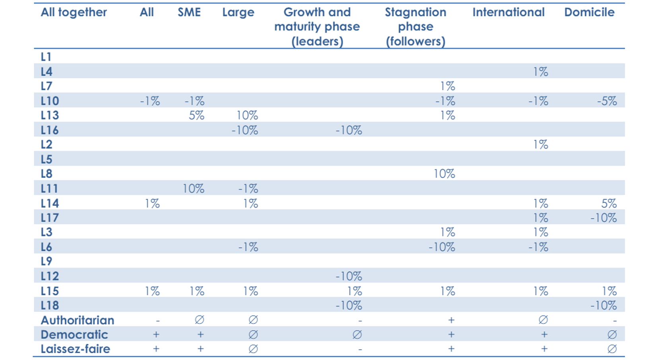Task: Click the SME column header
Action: click(x=189, y=12)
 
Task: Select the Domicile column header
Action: click(x=589, y=12)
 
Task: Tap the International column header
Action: click(x=508, y=12)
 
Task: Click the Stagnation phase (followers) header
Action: click(x=415, y=27)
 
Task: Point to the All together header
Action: click(x=74, y=12)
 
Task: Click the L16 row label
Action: click(x=50, y=130)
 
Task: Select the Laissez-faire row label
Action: click(x=75, y=349)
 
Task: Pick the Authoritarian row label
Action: click(x=77, y=320)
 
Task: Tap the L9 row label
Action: click(x=47, y=261)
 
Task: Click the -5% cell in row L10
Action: click(x=607, y=101)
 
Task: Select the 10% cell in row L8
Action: click(x=444, y=174)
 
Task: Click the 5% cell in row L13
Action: click(x=196, y=115)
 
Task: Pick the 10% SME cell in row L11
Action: click(x=193, y=188)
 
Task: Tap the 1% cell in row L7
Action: click(x=447, y=86)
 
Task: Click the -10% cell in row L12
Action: click(x=349, y=276)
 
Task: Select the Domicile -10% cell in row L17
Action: click(x=603, y=218)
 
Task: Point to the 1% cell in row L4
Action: click(x=540, y=72)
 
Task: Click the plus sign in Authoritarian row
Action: click(x=451, y=320)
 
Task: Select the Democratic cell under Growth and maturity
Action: click(x=357, y=335)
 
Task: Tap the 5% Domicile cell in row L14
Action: click(x=609, y=203)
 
